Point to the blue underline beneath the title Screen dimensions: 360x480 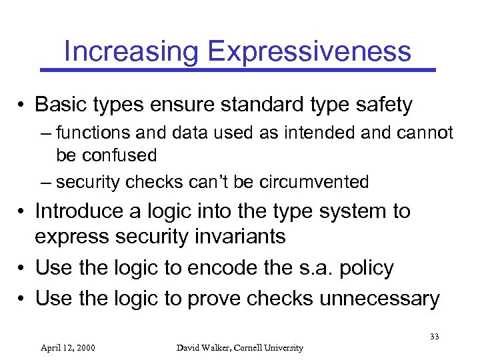[x=238, y=69]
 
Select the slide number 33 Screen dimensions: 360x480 [x=434, y=337]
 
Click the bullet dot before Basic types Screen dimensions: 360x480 [x=23, y=105]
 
